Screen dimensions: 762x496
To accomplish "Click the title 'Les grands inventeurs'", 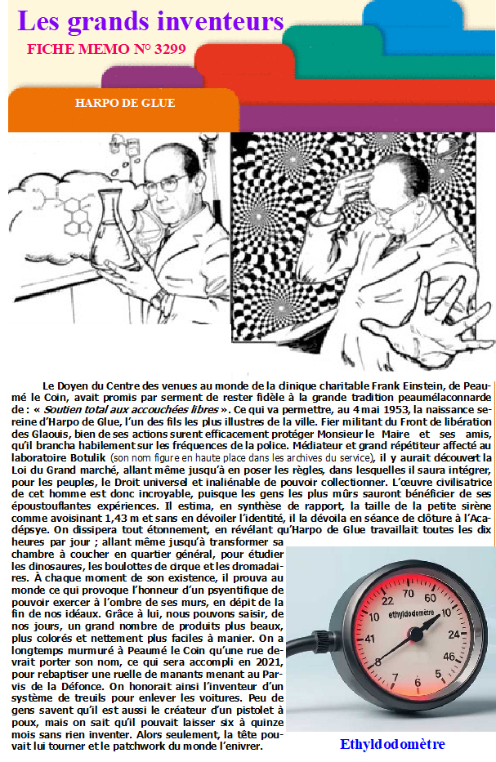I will click(150, 21).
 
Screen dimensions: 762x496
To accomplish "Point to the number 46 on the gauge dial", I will click(448, 656).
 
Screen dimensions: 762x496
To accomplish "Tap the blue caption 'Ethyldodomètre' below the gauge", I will click(392, 744).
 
